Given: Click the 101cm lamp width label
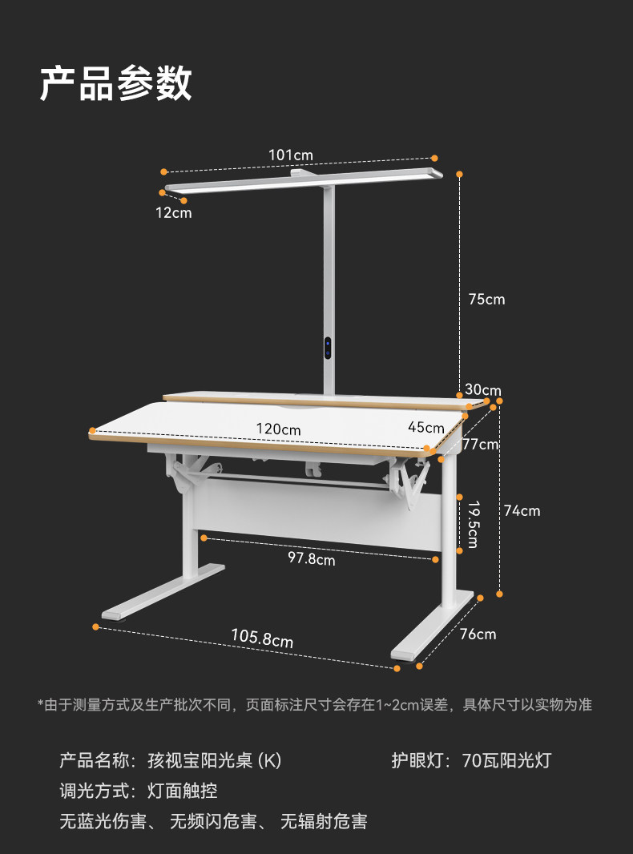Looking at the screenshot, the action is point(291,155).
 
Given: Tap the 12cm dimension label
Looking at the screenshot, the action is point(174,213).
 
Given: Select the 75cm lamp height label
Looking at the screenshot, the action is point(487,300).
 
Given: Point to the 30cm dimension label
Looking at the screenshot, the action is point(483,390).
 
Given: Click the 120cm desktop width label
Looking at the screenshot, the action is point(279,429).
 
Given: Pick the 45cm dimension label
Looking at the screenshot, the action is point(425,427).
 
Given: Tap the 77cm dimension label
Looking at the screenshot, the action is point(481,444).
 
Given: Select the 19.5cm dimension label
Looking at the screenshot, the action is point(473,525).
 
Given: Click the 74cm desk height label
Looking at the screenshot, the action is point(522,510).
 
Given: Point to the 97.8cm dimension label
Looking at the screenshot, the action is point(312,559).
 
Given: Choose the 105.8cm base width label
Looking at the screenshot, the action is point(262,638).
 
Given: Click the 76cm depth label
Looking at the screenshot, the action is point(478,634).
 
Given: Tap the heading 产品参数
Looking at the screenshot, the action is point(116,83).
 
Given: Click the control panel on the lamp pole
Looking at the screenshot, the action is point(329,348).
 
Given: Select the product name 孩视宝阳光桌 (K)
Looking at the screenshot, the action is point(215,760).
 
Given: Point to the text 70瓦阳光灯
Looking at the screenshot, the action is point(506,760).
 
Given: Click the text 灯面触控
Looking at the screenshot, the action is point(183,791).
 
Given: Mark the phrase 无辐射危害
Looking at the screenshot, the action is point(323,821).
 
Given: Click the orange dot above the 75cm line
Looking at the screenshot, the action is point(460,174).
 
